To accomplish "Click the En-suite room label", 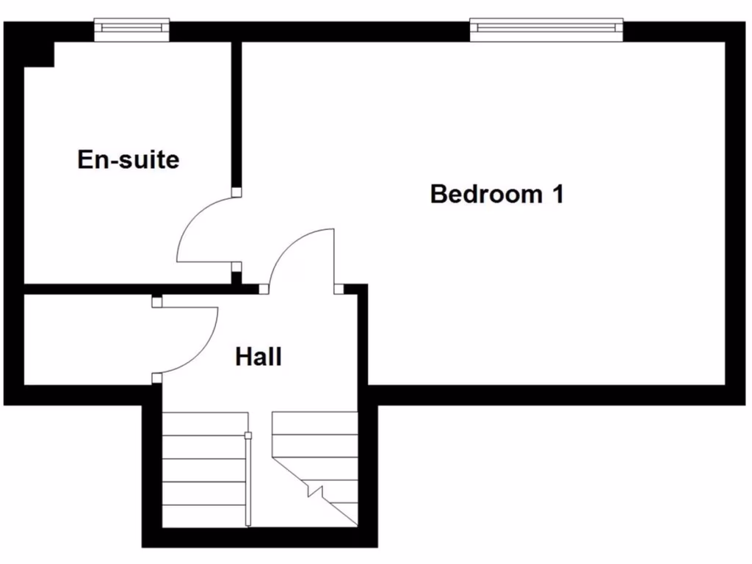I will pyautogui.click(x=129, y=159).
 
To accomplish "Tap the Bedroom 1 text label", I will pyautogui.click(x=496, y=195).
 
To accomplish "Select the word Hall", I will pyautogui.click(x=258, y=358).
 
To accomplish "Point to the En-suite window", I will pyautogui.click(x=132, y=29).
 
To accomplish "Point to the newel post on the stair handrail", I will pyautogui.click(x=248, y=436).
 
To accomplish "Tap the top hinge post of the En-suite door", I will pyautogui.click(x=236, y=192).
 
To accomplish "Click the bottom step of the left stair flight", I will pyautogui.click(x=203, y=516).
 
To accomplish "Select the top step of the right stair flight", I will pyautogui.click(x=314, y=423).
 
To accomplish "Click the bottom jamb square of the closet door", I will pyautogui.click(x=156, y=378).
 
